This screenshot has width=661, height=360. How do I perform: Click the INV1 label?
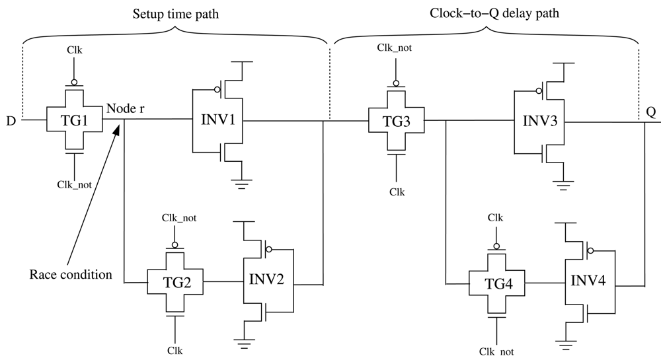(x=217, y=120)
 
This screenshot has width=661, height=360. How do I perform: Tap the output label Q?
(x=650, y=112)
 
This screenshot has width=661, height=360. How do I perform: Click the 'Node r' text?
(x=125, y=108)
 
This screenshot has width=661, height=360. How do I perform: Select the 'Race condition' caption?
(x=71, y=274)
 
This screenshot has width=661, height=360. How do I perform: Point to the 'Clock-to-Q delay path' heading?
(x=486, y=13)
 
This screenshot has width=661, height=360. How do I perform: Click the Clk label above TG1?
(x=75, y=50)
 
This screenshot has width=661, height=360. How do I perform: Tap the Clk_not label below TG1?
(x=73, y=184)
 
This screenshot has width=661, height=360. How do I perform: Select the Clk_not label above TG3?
(x=395, y=47)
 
